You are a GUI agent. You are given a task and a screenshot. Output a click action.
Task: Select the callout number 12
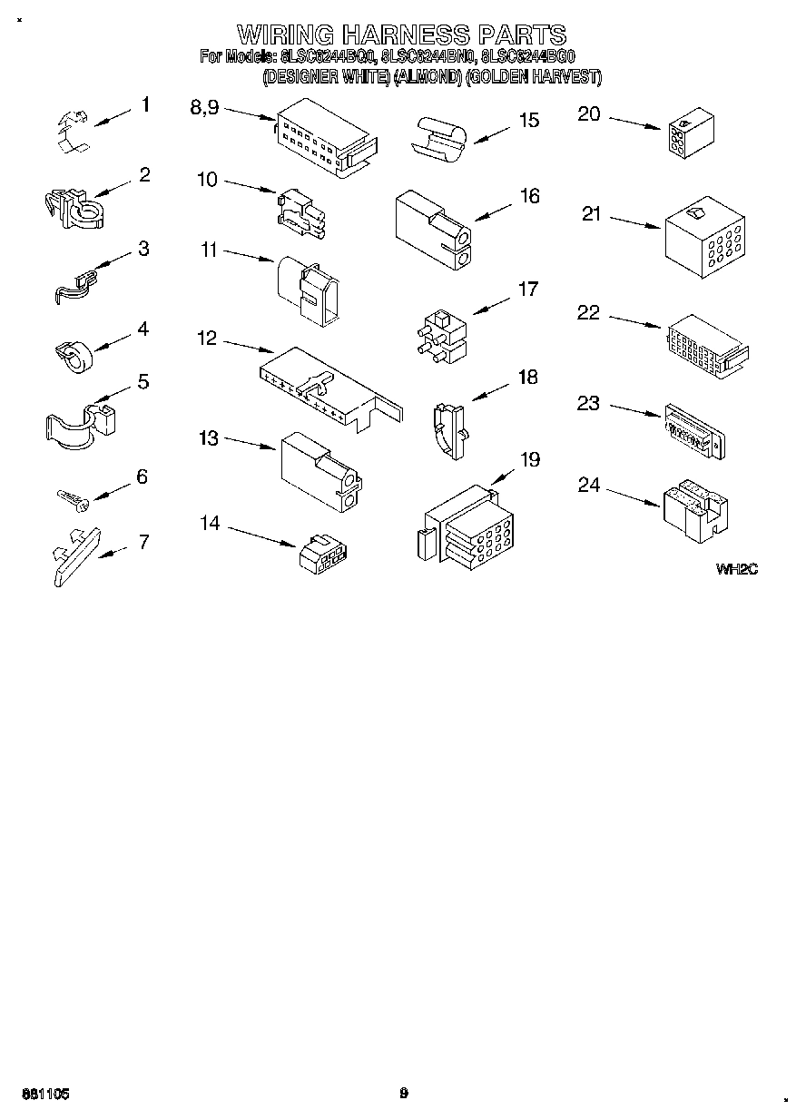(207, 339)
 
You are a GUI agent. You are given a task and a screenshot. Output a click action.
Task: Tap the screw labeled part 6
(71, 496)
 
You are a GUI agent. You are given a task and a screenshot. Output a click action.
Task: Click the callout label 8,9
(204, 106)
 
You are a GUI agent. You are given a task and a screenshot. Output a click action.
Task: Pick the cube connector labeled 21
(705, 237)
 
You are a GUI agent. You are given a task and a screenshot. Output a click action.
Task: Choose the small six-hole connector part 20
(691, 134)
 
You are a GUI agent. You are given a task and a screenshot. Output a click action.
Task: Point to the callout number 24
(589, 486)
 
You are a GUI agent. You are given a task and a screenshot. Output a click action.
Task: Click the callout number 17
(527, 290)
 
